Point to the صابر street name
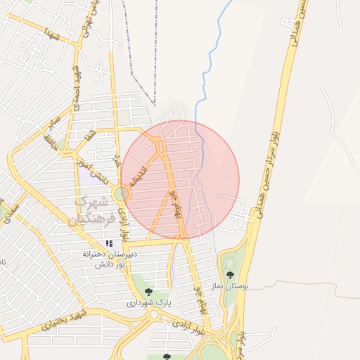click(51, 124)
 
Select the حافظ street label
click(49, 141)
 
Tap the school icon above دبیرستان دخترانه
click(109, 243)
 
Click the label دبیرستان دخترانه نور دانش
click(110, 259)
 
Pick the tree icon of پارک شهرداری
click(148, 291)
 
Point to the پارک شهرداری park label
click(149, 303)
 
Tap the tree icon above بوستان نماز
click(230, 275)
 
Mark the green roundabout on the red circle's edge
click(122, 193)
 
